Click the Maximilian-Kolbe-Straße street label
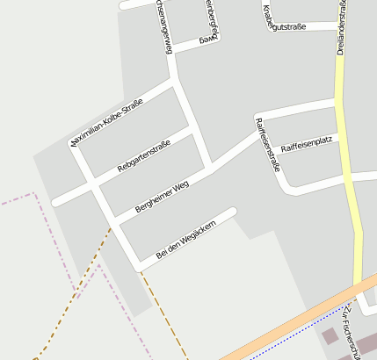[106, 121]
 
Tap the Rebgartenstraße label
[143, 155]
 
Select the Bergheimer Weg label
[163, 196]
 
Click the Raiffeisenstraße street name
[267, 144]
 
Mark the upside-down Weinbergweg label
[209, 23]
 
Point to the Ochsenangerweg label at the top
[164, 26]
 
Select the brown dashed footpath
[167, 316]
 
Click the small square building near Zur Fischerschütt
[330, 335]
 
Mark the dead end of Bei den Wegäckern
[234, 211]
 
